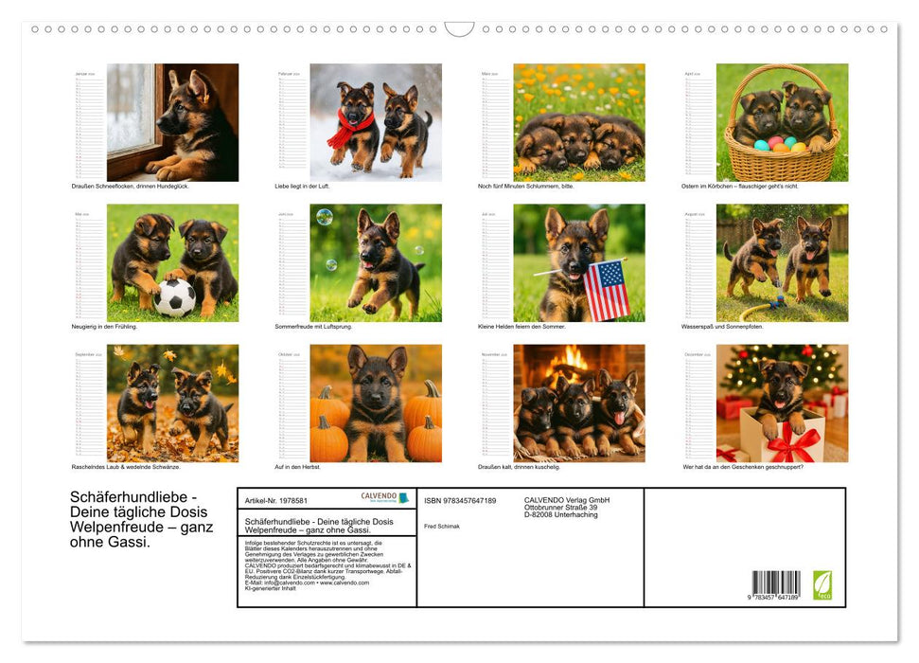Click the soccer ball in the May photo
pos(175,298)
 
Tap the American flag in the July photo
pos(607,290)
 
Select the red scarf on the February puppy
pos(349,129)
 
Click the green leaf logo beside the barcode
pos(822,584)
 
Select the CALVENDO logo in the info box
pos(385,497)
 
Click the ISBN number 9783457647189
pos(460,500)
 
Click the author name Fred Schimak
pos(442,526)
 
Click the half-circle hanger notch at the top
pos(459,29)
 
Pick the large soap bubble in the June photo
pos(324,217)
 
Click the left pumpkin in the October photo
pos(328,408)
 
